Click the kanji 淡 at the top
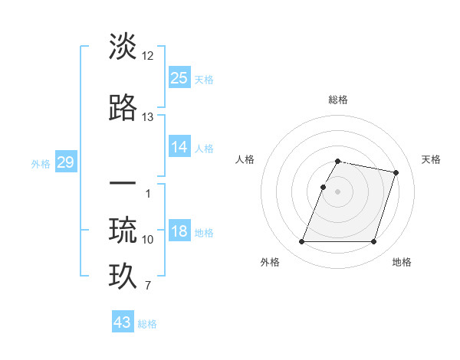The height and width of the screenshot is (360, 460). [x=123, y=47]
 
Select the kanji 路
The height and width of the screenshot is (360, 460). [x=123, y=107]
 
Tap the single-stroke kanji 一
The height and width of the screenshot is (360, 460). [x=123, y=185]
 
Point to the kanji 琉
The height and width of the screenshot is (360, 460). [x=123, y=229]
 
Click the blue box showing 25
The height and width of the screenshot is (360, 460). [x=179, y=77]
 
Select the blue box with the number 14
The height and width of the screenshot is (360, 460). [x=179, y=147]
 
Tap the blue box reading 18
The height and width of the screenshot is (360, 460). [x=179, y=232]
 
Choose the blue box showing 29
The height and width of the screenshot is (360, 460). [x=65, y=162]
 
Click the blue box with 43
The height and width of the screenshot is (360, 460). [x=123, y=322]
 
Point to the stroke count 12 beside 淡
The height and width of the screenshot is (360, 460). [x=148, y=56]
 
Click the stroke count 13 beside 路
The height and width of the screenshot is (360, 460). [x=148, y=117]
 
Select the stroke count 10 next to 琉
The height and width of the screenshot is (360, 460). [x=148, y=240]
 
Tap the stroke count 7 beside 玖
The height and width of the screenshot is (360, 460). [x=148, y=286]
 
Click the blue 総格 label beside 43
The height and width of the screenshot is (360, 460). [x=147, y=324]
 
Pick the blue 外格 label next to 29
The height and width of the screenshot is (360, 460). [x=41, y=163]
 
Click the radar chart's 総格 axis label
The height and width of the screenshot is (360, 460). [x=337, y=100]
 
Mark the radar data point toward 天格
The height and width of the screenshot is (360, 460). [x=396, y=173]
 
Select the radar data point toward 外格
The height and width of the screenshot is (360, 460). [x=302, y=242]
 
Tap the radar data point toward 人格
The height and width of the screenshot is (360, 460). [x=323, y=187]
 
